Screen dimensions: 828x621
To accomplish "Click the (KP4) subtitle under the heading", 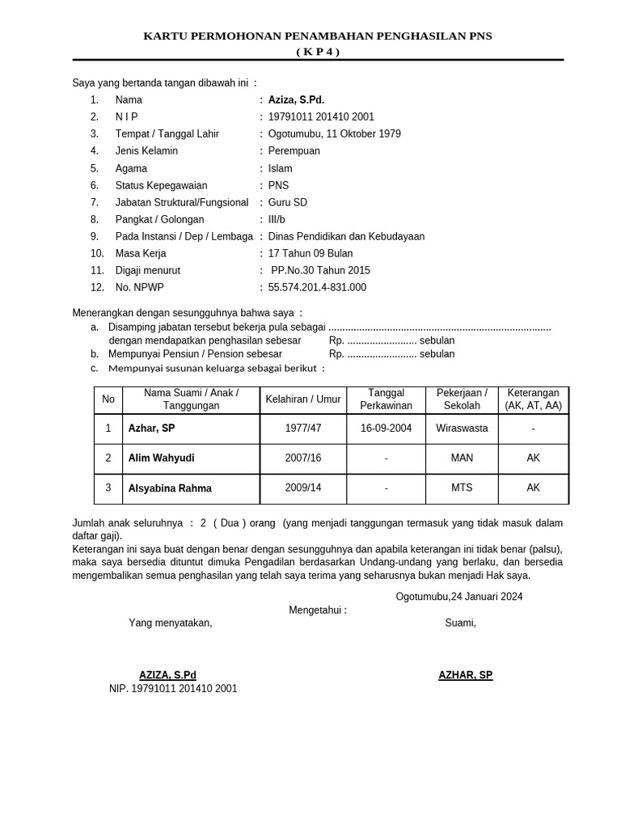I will point(317,52).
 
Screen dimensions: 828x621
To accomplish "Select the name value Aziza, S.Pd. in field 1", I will point(296,99).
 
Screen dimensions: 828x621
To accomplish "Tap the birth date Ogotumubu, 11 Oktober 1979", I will point(334,133).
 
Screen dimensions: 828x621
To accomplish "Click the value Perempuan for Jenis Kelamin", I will point(294,150).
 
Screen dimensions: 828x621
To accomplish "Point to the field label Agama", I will point(131,168).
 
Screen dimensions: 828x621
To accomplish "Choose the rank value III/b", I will point(277,219).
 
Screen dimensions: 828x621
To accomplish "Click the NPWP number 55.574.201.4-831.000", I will point(317,287).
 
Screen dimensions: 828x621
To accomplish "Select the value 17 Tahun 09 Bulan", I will point(310,253).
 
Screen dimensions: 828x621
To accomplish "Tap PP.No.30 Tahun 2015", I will point(320,270).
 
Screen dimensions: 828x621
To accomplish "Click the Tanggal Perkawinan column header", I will point(386,399).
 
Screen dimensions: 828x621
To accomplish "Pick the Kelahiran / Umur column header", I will point(302,399).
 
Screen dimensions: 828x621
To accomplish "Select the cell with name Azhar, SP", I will point(151,428).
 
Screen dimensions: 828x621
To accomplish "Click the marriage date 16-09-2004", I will point(386,428).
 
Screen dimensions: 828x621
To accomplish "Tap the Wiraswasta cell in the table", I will point(462,428).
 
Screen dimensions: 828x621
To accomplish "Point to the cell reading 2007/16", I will point(302,458).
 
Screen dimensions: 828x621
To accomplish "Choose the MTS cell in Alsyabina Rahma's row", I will point(462,488).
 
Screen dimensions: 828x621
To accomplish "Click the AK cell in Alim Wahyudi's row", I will point(533,458).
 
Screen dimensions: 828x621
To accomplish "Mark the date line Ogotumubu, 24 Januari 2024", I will point(458,597).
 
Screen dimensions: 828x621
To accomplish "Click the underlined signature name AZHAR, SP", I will point(465,675).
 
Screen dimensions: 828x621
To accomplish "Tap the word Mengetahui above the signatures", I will point(317,610).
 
